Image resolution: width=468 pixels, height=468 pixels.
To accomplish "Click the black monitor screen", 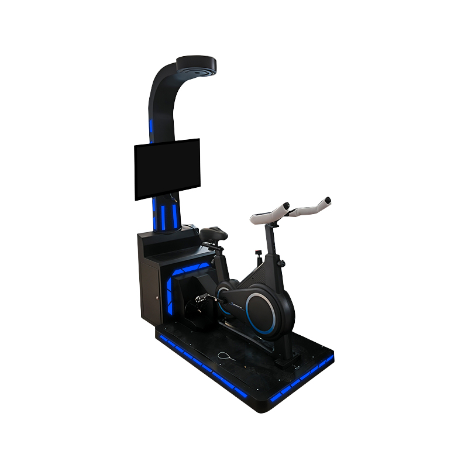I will click(167, 169).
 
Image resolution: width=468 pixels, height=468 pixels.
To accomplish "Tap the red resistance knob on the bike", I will click(258, 253).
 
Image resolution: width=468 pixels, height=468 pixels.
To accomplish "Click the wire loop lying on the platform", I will click(225, 356).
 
